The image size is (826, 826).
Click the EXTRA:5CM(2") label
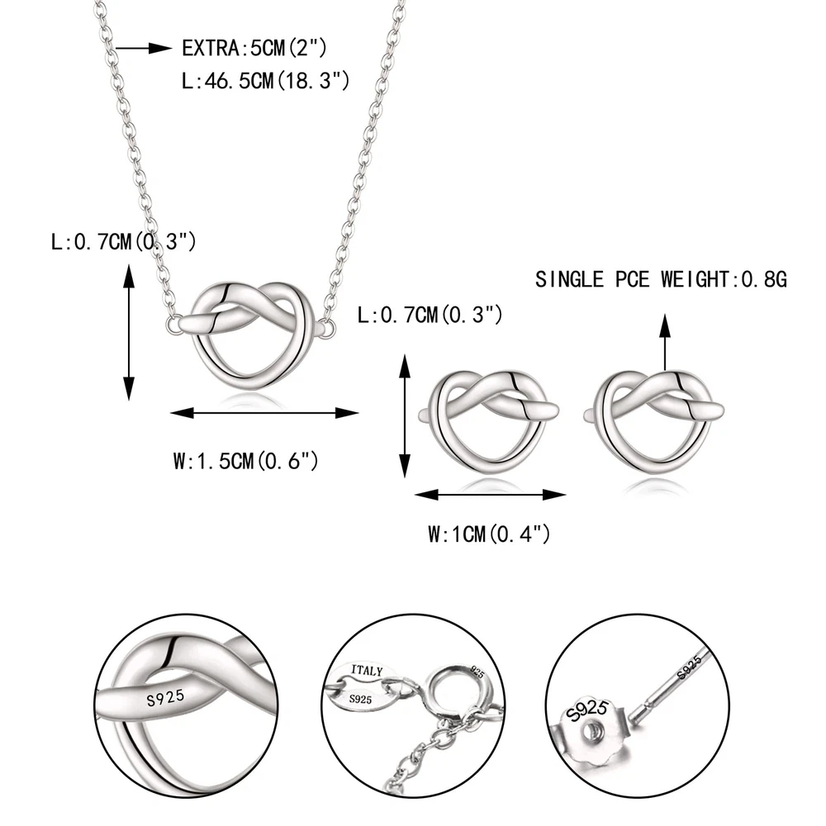click(x=254, y=48)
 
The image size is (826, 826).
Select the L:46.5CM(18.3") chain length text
click(x=265, y=81)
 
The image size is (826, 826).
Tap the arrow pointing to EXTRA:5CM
click(x=143, y=49)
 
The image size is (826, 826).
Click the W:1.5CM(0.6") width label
click(x=246, y=461)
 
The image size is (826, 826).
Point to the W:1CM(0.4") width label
click(x=489, y=534)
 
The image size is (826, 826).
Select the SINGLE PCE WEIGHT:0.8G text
click(x=661, y=279)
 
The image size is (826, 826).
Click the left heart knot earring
click(x=489, y=420)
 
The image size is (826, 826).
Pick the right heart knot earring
click(x=654, y=420)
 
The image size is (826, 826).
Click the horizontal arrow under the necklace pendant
click(x=264, y=413)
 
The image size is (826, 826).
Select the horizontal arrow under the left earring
click(x=491, y=495)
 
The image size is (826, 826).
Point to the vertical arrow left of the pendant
click(x=129, y=332)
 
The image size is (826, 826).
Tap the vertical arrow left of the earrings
click(x=405, y=416)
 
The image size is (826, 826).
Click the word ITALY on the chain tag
click(x=367, y=671)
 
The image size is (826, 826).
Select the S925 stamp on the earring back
click(x=586, y=710)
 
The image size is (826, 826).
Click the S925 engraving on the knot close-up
click(x=165, y=699)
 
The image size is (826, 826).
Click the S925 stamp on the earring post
click(x=690, y=667)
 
